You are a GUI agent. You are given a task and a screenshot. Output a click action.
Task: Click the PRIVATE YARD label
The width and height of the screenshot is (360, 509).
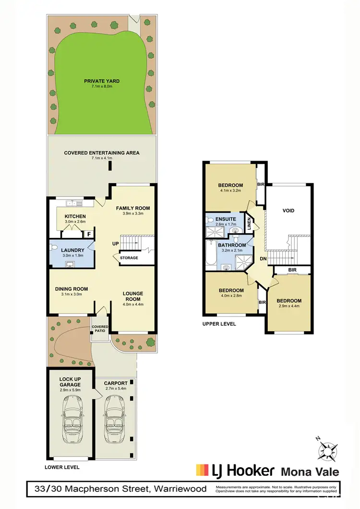point(102,81)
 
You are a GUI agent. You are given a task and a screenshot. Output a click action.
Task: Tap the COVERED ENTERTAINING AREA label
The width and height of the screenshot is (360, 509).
point(102,153)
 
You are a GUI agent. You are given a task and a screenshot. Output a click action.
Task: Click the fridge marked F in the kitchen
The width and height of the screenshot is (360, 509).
point(89,234)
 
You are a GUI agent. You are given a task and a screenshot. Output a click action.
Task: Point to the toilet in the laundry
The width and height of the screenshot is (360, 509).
point(54,248)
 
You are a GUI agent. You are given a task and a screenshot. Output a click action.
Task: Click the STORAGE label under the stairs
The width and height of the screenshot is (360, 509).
point(129,258)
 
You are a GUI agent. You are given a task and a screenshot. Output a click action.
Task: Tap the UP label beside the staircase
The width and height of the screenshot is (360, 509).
point(115,243)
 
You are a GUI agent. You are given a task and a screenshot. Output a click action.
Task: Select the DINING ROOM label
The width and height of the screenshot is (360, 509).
point(72,289)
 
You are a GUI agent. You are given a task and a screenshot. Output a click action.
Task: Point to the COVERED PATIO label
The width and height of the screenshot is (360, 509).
point(100,329)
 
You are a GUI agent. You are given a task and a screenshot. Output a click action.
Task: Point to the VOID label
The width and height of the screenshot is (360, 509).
point(288,211)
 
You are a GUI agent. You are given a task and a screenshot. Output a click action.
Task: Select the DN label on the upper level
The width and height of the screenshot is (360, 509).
point(263,259)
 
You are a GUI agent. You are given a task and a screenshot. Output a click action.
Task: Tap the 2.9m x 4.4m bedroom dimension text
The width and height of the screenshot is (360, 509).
point(289,308)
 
